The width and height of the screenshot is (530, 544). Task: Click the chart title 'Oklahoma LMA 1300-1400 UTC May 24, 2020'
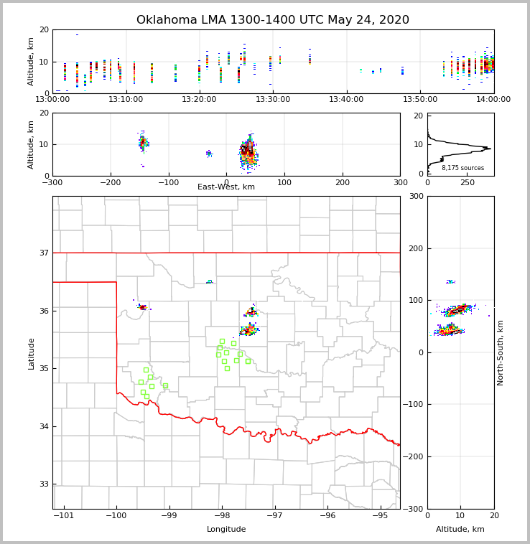click(273, 20)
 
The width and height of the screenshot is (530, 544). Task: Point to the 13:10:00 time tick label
click(126, 99)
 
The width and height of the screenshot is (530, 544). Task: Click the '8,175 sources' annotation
click(462, 168)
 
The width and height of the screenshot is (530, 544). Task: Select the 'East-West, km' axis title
click(226, 187)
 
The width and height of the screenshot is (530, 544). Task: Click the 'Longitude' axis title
click(226, 530)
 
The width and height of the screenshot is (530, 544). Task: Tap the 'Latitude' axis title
click(31, 353)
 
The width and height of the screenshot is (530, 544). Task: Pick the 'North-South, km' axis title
click(501, 352)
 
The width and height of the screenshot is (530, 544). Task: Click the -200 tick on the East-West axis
click(110, 182)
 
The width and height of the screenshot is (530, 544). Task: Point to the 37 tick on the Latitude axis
click(44, 253)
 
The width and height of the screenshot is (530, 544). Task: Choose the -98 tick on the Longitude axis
click(222, 515)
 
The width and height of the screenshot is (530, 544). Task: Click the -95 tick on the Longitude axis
click(381, 515)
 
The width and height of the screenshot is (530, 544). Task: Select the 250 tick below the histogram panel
click(467, 182)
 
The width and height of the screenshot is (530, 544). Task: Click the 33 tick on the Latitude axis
click(44, 484)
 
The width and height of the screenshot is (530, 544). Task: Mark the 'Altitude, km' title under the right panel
click(460, 530)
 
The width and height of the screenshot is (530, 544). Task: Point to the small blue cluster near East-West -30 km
click(209, 153)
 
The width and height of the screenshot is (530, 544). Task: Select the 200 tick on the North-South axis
click(415, 248)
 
